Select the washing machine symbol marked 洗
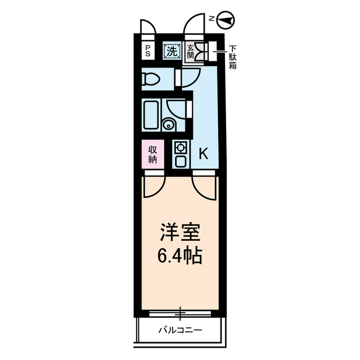[x=171, y=51]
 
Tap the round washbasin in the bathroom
[x=168, y=124]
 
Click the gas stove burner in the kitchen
[x=181, y=148]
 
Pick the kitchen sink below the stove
[x=181, y=162]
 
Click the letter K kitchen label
[x=204, y=153]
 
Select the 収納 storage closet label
[x=152, y=154]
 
